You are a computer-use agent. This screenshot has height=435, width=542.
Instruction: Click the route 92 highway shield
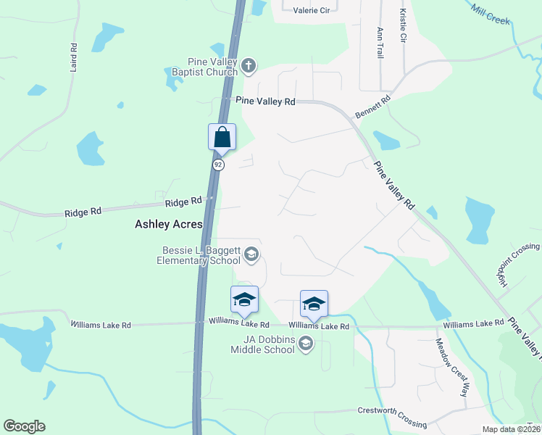pos(217,165)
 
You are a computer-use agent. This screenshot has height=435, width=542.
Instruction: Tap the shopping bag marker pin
pos(222,136)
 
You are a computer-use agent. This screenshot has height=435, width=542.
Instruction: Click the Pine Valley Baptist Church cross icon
pos(248,67)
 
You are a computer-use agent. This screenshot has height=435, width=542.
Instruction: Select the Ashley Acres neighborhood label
pos(169,225)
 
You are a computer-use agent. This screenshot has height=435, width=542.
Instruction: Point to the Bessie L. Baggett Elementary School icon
pos(251,254)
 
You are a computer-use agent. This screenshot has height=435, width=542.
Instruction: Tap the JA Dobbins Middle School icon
pos(306,343)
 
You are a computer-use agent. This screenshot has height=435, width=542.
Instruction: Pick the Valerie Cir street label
pos(312,10)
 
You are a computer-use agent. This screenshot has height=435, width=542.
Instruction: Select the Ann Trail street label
pos(380,43)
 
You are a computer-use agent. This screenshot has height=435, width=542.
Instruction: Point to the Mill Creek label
pos(491,13)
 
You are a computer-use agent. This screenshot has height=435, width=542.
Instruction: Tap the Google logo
pos(24,426)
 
